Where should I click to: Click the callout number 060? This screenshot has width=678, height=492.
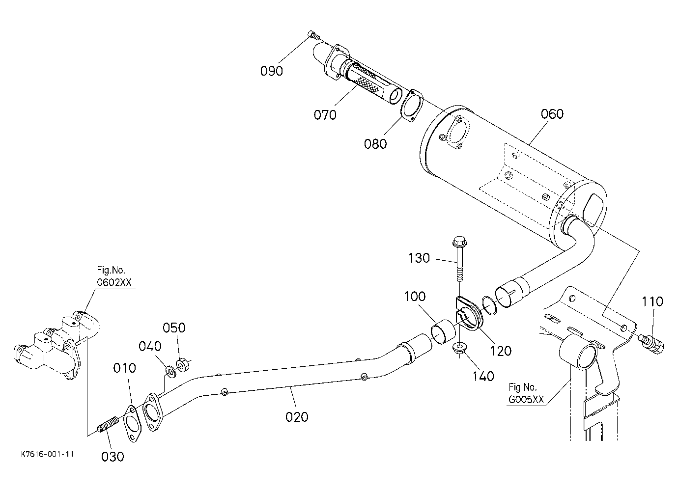pyautogui.click(x=552, y=114)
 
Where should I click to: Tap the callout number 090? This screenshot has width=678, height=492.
pyautogui.click(x=272, y=71)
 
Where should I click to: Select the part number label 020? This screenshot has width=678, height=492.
pyautogui.click(x=297, y=417)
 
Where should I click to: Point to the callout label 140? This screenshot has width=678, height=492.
pyautogui.click(x=483, y=377)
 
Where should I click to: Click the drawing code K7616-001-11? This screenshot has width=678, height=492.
pyautogui.click(x=48, y=454)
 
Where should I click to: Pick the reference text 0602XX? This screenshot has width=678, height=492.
pyautogui.click(x=114, y=282)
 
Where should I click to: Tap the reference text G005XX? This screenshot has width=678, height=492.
pyautogui.click(x=526, y=399)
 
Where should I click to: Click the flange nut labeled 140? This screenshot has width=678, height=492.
pyautogui.click(x=459, y=348)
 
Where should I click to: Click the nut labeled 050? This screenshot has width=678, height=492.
pyautogui.click(x=182, y=365)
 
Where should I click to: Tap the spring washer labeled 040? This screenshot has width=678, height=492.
pyautogui.click(x=170, y=371)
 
